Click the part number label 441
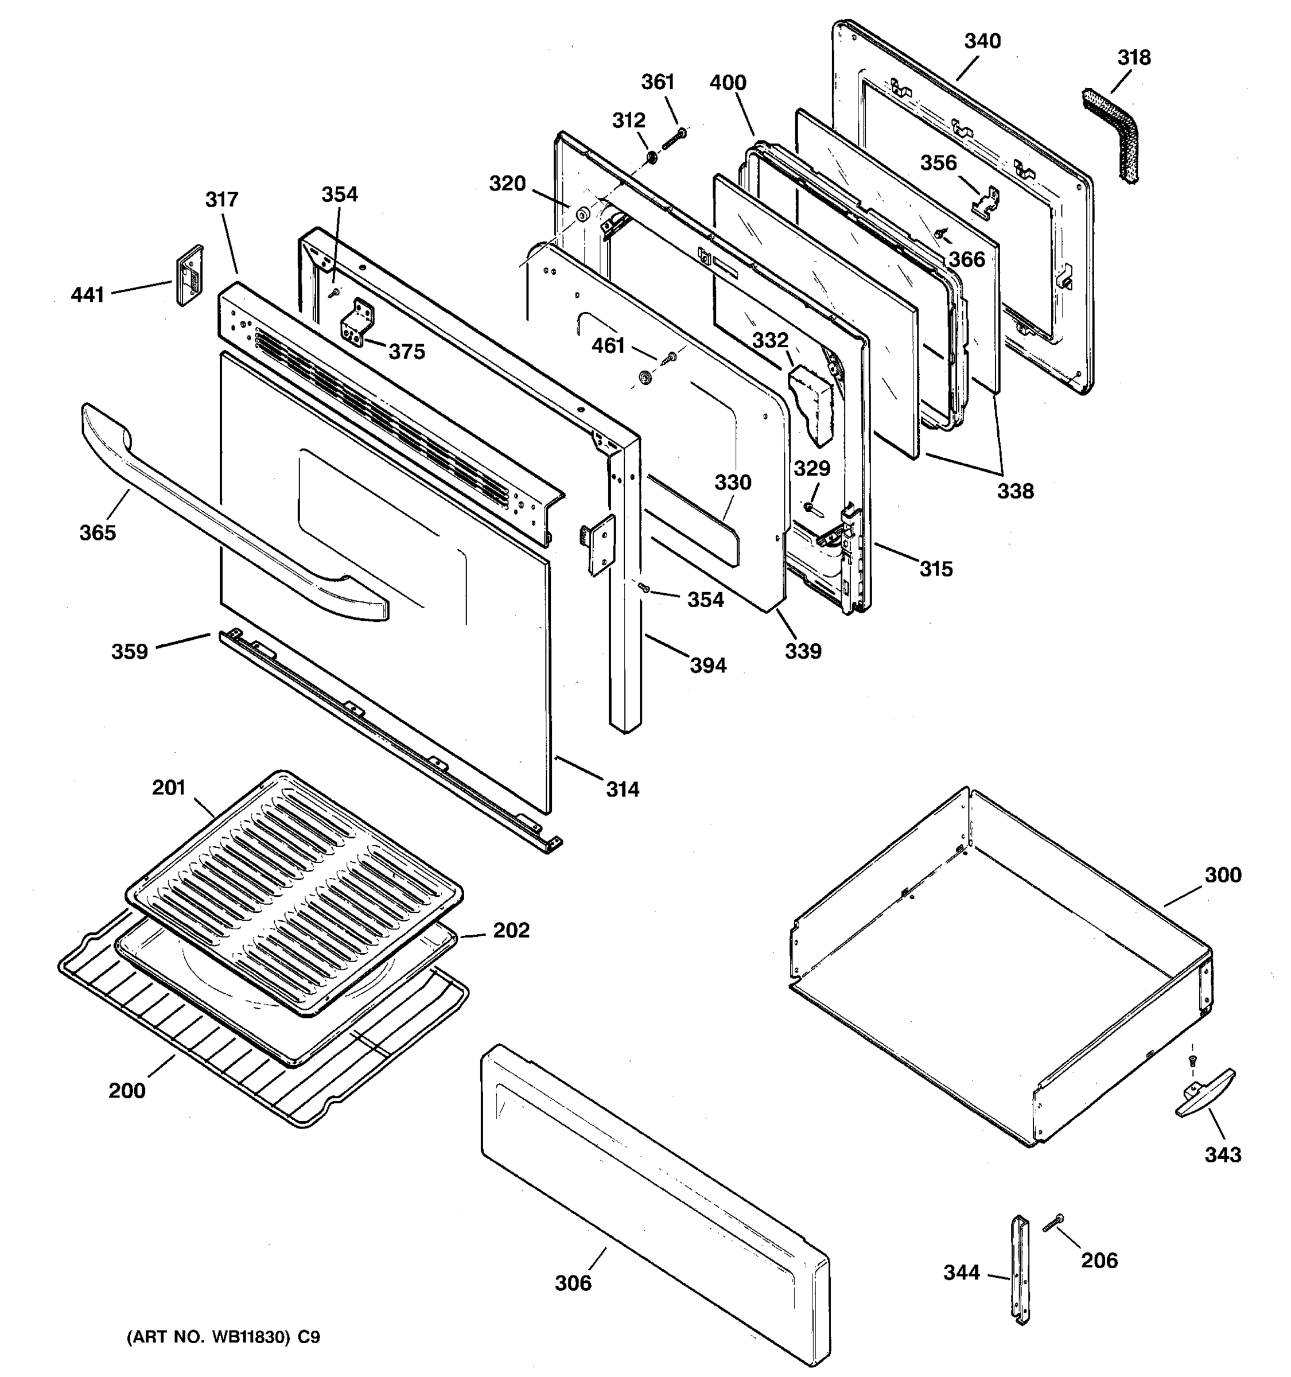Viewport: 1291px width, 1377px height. (x=87, y=295)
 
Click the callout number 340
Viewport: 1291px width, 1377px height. (x=982, y=41)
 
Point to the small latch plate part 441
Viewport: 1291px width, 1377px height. (x=189, y=275)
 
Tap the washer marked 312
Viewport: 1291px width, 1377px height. (x=652, y=158)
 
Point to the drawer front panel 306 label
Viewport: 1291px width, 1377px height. (x=573, y=1283)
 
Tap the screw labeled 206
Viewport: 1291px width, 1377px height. (x=1053, y=1224)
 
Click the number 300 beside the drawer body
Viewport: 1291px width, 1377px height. (x=1222, y=875)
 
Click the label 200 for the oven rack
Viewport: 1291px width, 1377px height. (x=127, y=1091)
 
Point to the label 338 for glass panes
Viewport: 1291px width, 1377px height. (x=1014, y=491)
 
